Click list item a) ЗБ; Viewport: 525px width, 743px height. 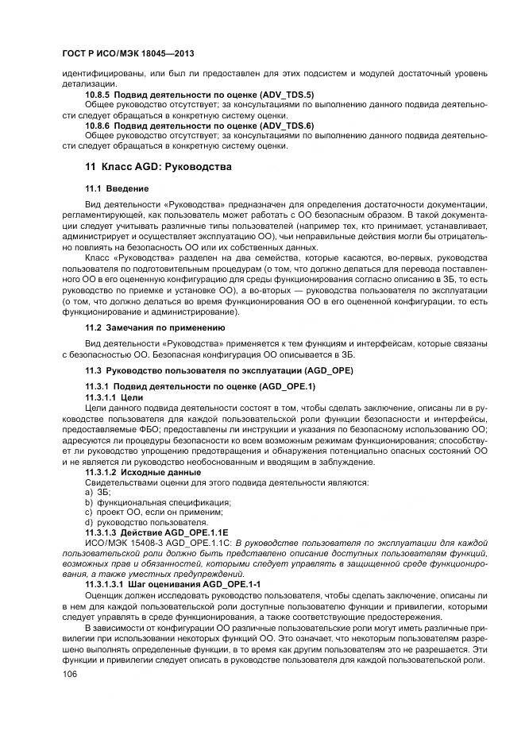click(98, 493)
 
